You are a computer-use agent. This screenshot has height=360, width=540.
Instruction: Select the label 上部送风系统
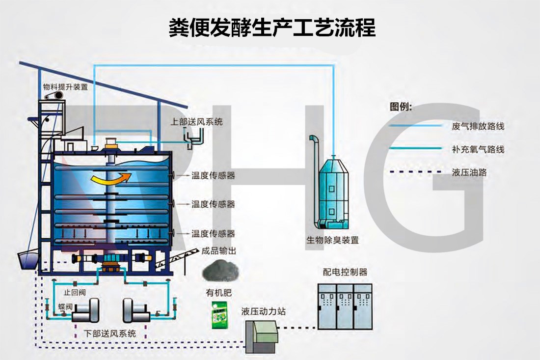[x=196, y=121]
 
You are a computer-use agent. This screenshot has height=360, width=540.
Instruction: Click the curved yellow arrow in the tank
[x=110, y=180]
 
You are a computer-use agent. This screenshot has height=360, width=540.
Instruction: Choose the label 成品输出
[x=219, y=251]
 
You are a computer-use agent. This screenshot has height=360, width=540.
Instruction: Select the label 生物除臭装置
[x=332, y=241]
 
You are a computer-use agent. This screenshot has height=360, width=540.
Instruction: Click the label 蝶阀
[x=65, y=306]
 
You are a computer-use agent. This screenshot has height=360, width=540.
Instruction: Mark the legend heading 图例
[x=401, y=106]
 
